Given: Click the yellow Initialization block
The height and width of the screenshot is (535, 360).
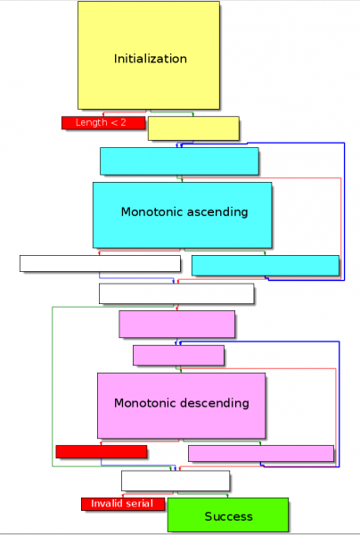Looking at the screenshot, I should pos(149,55).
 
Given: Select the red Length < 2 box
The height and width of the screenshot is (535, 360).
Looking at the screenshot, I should pos(103,122).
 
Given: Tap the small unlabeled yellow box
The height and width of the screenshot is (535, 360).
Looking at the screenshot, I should pos(193,128).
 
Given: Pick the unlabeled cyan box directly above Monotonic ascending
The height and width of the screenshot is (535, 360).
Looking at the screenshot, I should pos(179,160).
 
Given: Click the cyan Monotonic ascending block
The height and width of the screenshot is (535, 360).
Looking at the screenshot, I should pos(182,214).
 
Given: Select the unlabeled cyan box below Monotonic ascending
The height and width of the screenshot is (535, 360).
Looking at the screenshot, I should pos(266,265).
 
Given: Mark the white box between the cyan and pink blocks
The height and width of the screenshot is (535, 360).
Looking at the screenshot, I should pos(176,293).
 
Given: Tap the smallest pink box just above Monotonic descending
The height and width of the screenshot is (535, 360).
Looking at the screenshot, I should pos(178,355).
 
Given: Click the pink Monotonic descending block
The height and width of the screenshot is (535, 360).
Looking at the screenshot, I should pos(181,405).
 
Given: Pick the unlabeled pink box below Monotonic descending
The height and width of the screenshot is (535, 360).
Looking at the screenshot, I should pos(260,453).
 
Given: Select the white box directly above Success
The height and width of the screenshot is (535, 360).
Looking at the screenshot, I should pos(176,481).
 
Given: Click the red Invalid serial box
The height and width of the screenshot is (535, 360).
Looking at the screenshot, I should pos(123,504).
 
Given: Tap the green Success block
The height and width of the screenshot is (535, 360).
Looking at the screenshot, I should pos(228,515).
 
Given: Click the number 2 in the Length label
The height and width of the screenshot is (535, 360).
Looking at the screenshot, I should pos(123,122).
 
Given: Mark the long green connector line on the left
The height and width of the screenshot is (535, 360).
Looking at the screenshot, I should pos(53,383).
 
